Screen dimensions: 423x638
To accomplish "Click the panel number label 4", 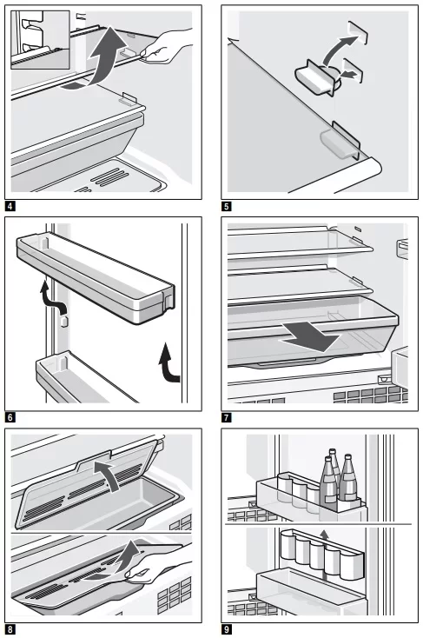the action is coord(10,206).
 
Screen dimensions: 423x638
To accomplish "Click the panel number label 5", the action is coord(227,206).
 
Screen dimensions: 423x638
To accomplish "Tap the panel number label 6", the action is coord(10,417).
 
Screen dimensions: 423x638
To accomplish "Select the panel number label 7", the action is coord(227,417).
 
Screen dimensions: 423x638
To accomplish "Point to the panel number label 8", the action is coord(10,629).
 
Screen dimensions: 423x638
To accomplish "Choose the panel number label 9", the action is coord(227,629).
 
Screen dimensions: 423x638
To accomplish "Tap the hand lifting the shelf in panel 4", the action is coord(167,45).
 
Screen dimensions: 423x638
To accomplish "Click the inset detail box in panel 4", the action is coord(40,40).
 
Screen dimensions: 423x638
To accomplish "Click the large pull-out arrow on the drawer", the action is coord(311,336).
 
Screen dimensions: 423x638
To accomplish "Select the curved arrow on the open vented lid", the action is coord(109,474).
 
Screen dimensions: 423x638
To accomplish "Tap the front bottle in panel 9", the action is coord(328,484).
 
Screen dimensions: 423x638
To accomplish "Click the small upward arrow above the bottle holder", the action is coord(324,535).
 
